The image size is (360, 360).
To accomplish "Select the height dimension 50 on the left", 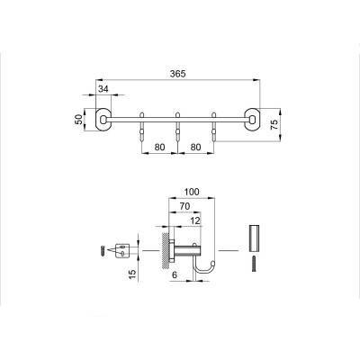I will tap(78, 118).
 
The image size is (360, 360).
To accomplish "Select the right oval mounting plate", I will tap(254, 118).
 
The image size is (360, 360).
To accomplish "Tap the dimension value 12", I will tap(194, 221).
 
